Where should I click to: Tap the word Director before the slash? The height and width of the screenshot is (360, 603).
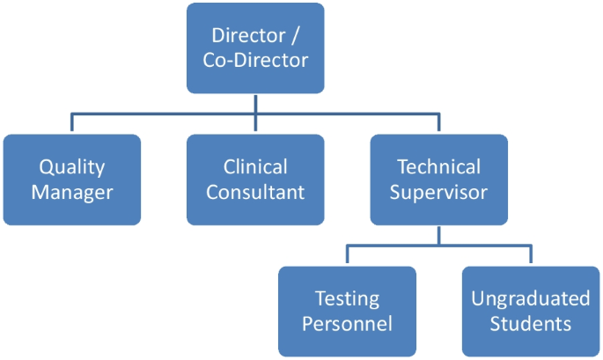(248, 36)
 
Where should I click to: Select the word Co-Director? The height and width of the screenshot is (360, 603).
(255, 62)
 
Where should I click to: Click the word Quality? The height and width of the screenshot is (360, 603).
(71, 167)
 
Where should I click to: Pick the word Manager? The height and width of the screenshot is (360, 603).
(71, 192)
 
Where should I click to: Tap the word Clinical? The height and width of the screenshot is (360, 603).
(255, 167)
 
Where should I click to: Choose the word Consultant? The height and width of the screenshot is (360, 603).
(255, 192)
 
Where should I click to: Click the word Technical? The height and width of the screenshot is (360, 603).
(438, 167)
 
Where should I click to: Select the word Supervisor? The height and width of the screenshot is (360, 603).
(438, 192)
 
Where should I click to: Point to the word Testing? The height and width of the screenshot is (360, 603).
(347, 298)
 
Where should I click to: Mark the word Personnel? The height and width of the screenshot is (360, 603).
(347, 323)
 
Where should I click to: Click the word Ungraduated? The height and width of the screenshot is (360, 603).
(531, 298)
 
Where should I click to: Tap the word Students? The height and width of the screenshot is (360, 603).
(531, 323)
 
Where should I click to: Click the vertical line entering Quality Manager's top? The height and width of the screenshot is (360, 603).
(71, 124)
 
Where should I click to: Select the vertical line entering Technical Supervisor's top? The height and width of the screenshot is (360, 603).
(438, 124)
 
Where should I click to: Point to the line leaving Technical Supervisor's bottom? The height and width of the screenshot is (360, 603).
(438, 235)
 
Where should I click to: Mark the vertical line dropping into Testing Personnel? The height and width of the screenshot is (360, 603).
(347, 256)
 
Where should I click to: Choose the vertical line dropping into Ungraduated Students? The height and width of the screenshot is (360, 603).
(531, 256)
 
